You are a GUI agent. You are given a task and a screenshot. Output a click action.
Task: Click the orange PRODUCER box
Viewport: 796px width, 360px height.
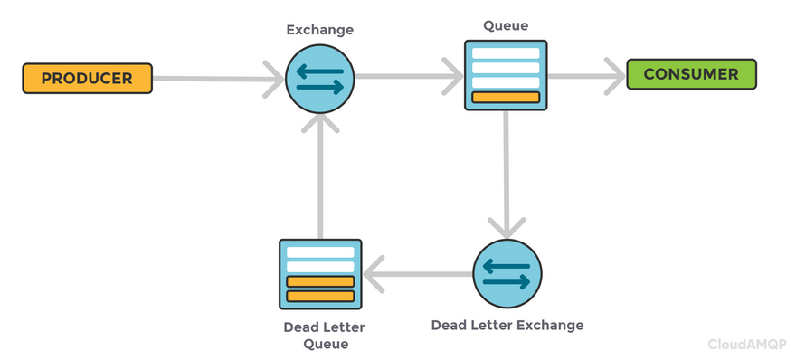88,78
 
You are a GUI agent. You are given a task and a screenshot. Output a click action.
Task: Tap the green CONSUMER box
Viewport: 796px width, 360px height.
691,74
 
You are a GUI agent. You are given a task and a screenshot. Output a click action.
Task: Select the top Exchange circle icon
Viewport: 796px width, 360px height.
320,79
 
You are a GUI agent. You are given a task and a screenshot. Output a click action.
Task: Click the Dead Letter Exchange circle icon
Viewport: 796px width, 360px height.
507,273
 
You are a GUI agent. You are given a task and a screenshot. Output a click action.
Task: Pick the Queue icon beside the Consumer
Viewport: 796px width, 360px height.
506,75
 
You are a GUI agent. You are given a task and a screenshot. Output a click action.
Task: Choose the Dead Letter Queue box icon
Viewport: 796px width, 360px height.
320,274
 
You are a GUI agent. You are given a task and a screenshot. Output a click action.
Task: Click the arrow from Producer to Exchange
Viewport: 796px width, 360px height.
218,79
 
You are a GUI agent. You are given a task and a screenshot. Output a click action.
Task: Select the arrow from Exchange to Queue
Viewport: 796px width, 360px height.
409,76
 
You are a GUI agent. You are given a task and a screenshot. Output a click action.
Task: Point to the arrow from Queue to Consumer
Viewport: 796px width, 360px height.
586,76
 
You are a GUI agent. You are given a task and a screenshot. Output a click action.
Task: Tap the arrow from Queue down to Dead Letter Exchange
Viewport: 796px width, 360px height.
507,175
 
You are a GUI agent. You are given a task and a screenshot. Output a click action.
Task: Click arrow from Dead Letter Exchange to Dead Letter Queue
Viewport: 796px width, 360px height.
418,274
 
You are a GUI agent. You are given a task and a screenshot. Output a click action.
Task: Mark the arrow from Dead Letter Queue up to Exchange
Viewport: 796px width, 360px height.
320,176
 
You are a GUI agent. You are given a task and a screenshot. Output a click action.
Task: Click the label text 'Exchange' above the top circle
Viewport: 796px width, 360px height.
320,30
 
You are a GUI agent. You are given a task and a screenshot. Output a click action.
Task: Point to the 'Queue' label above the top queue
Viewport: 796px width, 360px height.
506,25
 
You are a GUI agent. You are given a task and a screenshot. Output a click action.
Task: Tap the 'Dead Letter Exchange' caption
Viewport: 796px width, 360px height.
507,325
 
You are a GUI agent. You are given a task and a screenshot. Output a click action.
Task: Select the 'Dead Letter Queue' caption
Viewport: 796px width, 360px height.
324,335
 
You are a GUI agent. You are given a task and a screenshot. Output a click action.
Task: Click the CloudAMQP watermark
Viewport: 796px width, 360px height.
747,345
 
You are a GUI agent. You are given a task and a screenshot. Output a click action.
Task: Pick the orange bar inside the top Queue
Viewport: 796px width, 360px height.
506,98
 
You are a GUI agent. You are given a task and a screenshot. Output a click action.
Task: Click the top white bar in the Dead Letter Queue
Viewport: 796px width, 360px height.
320,252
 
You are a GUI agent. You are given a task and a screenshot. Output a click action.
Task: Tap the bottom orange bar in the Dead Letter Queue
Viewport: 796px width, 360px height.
320,296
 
